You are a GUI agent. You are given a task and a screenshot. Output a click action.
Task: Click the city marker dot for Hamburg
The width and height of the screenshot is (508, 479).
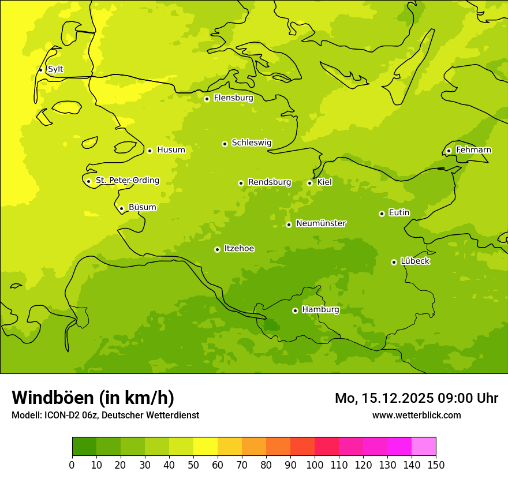tap(295, 310)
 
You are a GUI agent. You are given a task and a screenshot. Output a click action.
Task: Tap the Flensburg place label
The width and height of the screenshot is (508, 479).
tap(233, 98)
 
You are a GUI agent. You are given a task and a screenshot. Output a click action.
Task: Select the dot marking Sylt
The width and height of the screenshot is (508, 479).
tap(40, 70)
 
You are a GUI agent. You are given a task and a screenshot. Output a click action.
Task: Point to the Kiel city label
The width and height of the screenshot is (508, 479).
tap(324, 182)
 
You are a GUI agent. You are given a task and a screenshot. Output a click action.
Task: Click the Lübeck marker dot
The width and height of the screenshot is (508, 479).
tap(394, 262)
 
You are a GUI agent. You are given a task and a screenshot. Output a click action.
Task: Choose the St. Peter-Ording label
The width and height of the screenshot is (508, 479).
tap(127, 181)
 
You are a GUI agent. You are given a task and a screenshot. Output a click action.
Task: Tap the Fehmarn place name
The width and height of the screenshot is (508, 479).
tap(473, 150)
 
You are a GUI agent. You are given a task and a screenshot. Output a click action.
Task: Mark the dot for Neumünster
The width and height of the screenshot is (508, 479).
tap(289, 224)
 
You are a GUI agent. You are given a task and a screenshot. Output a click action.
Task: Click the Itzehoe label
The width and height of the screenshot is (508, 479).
tap(239, 249)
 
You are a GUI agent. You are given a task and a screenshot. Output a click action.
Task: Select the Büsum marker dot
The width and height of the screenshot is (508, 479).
tap(121, 208)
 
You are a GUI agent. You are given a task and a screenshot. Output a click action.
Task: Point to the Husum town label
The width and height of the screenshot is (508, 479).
tap(171, 150)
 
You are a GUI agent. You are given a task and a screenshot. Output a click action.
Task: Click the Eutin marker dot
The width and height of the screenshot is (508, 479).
tap(382, 214)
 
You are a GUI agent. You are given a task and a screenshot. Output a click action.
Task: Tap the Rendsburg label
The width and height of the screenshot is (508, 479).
tap(270, 182)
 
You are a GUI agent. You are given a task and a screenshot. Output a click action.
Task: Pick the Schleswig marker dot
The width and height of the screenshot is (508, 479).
tap(225, 144)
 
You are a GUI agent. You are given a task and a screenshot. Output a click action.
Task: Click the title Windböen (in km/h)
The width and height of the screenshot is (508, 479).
tap(93, 398)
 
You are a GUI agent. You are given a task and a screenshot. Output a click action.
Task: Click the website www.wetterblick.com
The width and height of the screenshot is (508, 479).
tap(416, 415)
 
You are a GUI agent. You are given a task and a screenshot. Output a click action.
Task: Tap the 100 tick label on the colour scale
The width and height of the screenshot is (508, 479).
tap(315, 465)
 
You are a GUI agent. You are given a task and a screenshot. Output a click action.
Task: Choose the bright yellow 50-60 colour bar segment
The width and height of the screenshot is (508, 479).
tap(206, 447)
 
